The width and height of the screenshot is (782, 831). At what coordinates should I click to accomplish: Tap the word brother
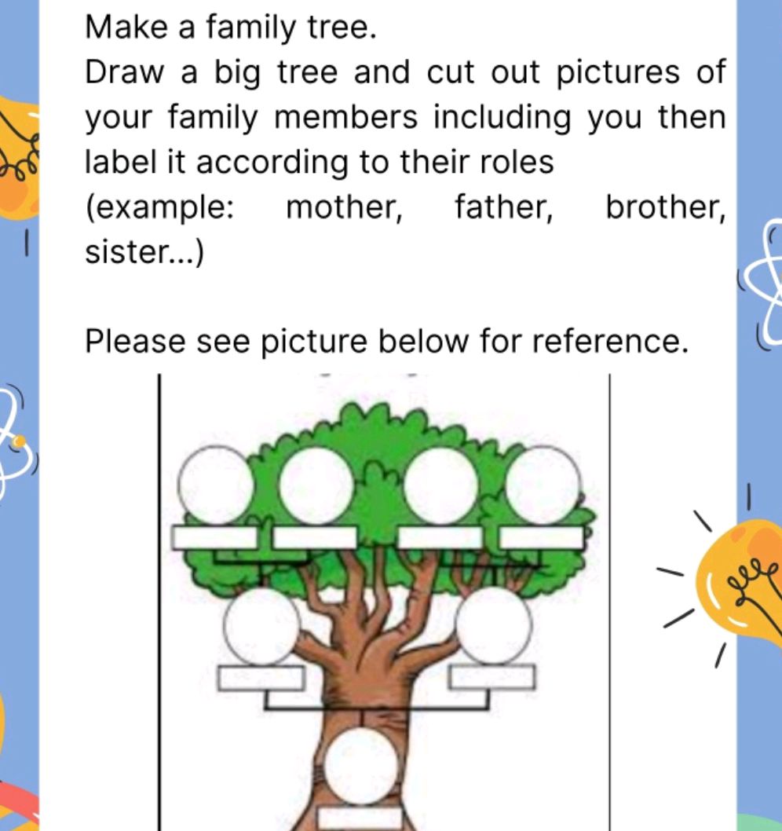coord(664,208)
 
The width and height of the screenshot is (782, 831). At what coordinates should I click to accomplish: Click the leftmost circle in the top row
coord(215,485)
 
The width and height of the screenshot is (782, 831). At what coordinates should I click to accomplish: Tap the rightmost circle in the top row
coord(544,485)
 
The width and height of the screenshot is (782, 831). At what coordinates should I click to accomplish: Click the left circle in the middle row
coord(261,626)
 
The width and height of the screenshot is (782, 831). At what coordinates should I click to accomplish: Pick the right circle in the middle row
coord(495,626)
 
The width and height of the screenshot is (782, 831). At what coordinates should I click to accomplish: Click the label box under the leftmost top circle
coord(214,538)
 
